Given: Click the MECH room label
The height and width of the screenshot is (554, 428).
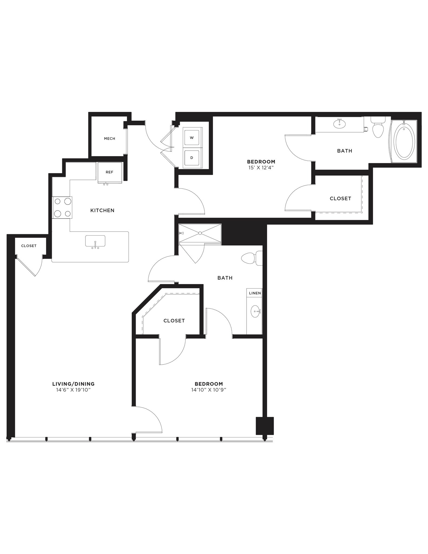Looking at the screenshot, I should point(110,138).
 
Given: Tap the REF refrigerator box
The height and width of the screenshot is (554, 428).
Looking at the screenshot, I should point(110,172).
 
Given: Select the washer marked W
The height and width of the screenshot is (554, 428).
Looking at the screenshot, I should point(192,138).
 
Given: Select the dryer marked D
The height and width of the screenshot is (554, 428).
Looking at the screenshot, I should point(192,158).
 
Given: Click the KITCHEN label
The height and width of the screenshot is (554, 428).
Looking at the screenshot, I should point(102,210).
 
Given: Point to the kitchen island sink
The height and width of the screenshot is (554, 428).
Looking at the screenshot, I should point(95,241).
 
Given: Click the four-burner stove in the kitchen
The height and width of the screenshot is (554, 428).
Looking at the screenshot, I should point(62,207).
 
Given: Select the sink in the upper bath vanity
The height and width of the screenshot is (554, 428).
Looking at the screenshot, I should point(340,124).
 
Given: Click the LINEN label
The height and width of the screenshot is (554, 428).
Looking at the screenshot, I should point(255,293).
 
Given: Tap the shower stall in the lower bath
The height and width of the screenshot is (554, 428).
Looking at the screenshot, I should point(200,233).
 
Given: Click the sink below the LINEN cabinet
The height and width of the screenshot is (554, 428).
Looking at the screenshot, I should point(255,311).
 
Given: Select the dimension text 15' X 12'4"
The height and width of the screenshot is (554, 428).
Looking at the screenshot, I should point(261,167).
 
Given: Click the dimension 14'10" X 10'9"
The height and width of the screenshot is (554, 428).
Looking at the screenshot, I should point(209,390).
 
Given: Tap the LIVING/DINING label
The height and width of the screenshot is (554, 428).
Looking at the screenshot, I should point(73,384).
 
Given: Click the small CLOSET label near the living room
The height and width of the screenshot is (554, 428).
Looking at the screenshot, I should point(29,246).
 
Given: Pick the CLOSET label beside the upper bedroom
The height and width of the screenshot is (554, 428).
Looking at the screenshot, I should point(340,198).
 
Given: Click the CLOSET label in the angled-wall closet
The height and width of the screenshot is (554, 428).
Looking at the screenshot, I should point(174,321).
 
